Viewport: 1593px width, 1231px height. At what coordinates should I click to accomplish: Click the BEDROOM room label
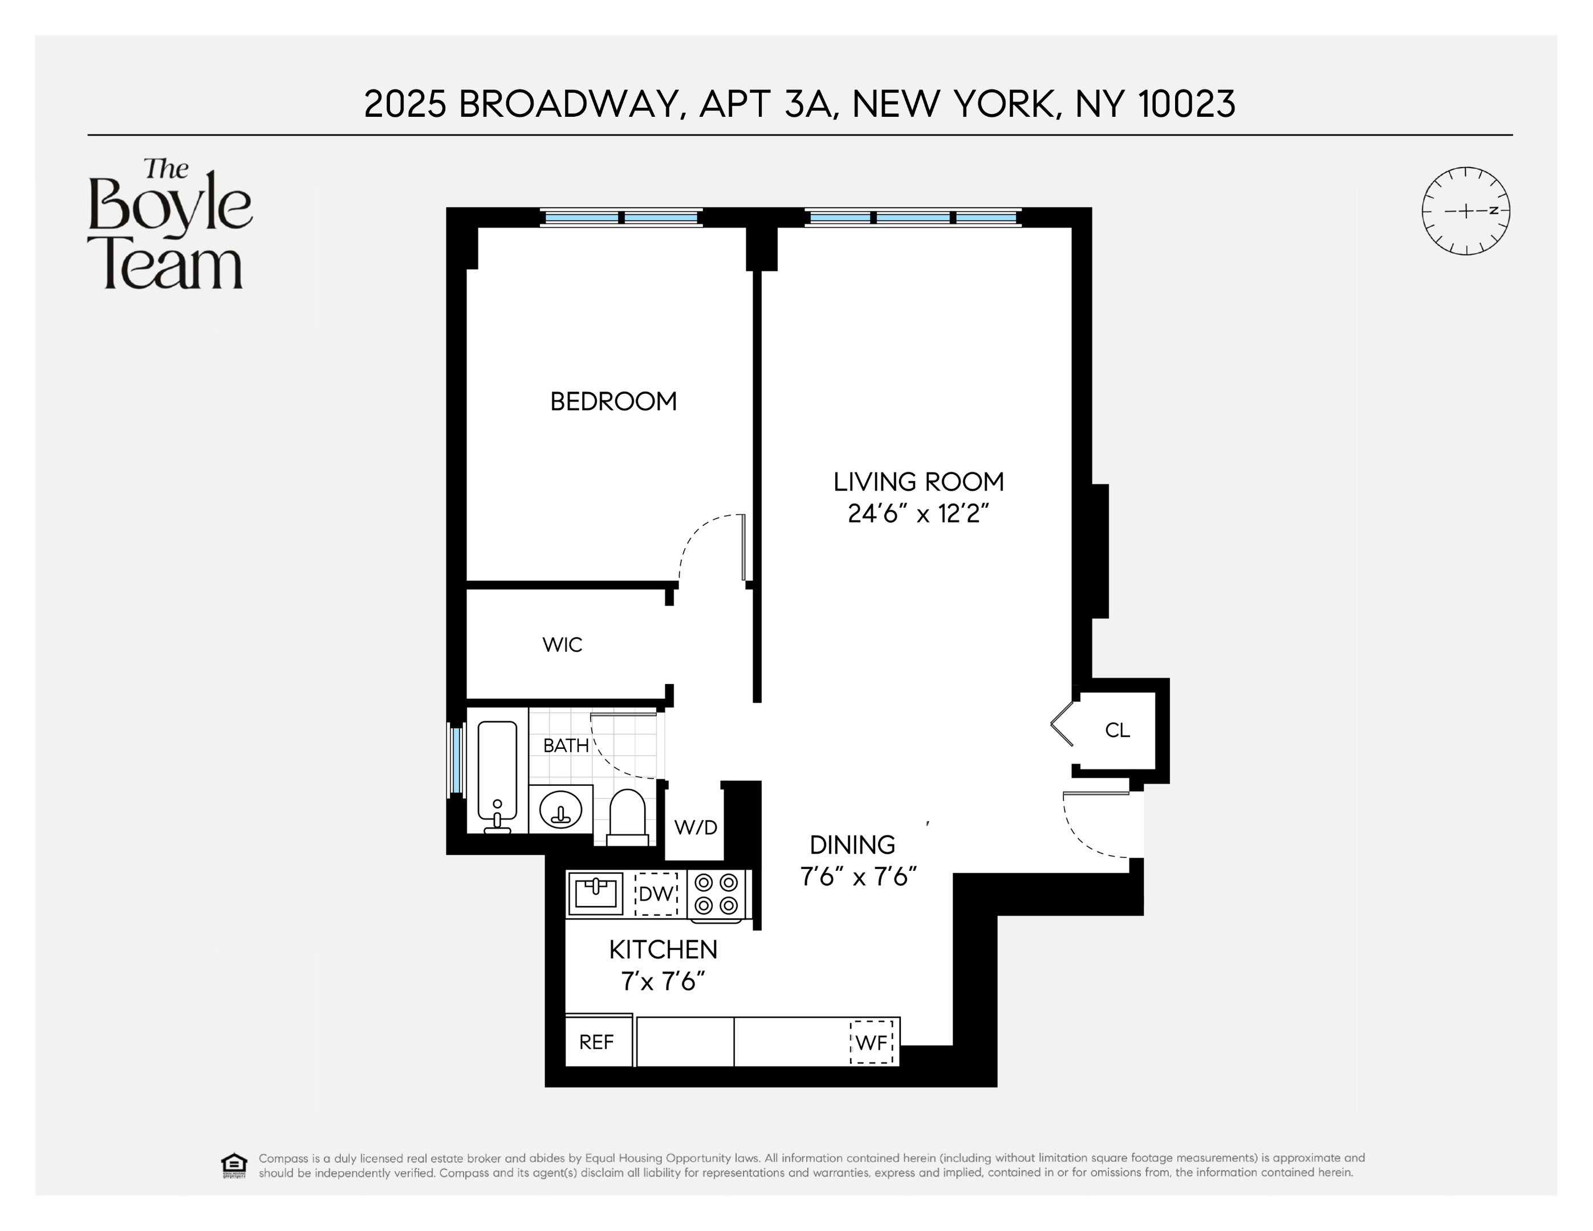coord(613,402)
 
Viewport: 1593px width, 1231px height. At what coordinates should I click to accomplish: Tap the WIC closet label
coord(562,645)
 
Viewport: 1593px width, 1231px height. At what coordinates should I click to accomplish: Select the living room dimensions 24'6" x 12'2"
coord(919,514)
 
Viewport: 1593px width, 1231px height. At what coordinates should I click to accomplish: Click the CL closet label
coord(1117,730)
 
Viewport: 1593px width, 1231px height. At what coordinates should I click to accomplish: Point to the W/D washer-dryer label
coord(695,827)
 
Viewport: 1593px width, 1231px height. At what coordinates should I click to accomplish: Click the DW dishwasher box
coord(656,894)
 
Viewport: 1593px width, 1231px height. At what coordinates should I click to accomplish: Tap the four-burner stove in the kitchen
coord(716,894)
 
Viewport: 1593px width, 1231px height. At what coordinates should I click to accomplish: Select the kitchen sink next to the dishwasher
coord(595,892)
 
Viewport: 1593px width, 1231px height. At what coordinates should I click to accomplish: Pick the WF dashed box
coord(872,1042)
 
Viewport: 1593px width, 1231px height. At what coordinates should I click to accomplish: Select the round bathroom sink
coord(560,809)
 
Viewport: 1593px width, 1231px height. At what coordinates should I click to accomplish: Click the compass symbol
coord(1465,211)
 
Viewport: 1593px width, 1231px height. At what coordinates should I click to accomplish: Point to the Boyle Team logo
coord(169,225)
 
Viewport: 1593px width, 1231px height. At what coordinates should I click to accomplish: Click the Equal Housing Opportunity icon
coord(233,1165)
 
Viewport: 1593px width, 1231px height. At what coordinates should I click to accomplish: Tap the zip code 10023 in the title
coord(1186,104)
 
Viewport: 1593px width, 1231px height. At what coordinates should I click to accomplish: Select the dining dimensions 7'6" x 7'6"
coord(858,876)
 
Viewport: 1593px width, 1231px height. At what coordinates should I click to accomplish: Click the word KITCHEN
coord(663,949)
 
